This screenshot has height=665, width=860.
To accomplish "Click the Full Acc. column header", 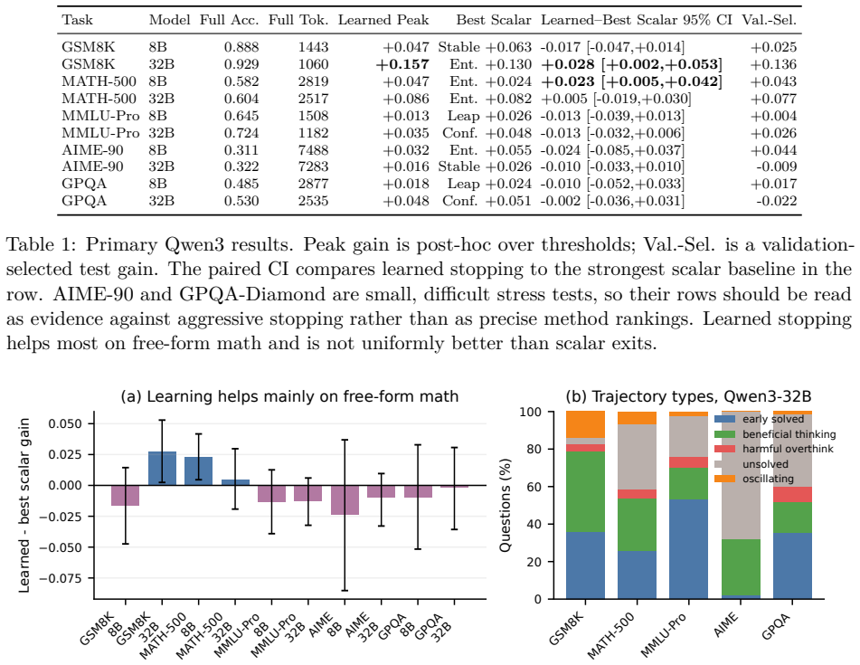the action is coord(229,20).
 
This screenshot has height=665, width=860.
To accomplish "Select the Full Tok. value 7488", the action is coord(313,150).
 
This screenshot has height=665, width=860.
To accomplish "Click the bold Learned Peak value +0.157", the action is coord(402,65).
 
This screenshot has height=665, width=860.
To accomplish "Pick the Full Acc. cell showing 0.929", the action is coord(241,65).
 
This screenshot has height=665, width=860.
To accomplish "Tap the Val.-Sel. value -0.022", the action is coord(777,202).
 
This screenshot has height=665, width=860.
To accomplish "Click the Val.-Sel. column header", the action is coord(769,20).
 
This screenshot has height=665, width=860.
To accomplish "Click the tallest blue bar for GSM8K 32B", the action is coord(163,469).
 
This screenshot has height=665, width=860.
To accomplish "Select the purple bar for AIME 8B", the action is coord(345,499).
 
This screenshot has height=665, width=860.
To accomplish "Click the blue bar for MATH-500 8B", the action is coord(199,471).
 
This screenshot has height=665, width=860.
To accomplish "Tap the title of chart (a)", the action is coord(289,396).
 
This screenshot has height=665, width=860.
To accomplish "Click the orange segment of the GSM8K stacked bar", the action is coord(585,424).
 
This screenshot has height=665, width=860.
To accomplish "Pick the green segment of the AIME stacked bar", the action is coord(741,567).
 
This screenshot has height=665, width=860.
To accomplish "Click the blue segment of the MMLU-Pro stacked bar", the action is coord(689,549).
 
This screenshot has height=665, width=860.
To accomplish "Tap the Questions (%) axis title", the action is coord(506,505).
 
